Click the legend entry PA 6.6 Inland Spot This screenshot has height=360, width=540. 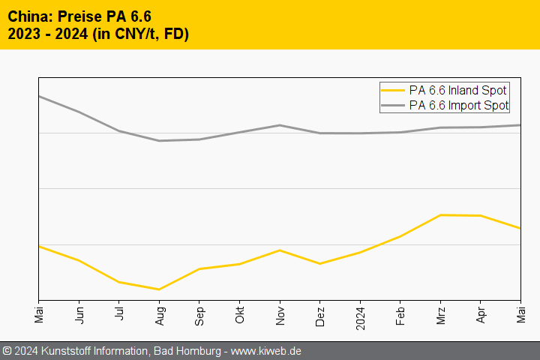pyautogui.click(x=458, y=91)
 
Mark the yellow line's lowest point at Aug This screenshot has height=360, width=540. pyautogui.click(x=159, y=289)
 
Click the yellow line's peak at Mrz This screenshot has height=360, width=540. pyautogui.click(x=440, y=215)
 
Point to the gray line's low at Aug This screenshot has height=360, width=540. pyautogui.click(x=159, y=141)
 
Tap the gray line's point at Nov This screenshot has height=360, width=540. pyautogui.click(x=280, y=125)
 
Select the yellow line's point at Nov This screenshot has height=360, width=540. pyautogui.click(x=280, y=250)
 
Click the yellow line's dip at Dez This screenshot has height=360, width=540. pyautogui.click(x=319, y=264)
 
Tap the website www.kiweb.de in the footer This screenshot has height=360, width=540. pyautogui.click(x=267, y=351)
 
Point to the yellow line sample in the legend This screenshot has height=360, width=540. pyautogui.click(x=393, y=91)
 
